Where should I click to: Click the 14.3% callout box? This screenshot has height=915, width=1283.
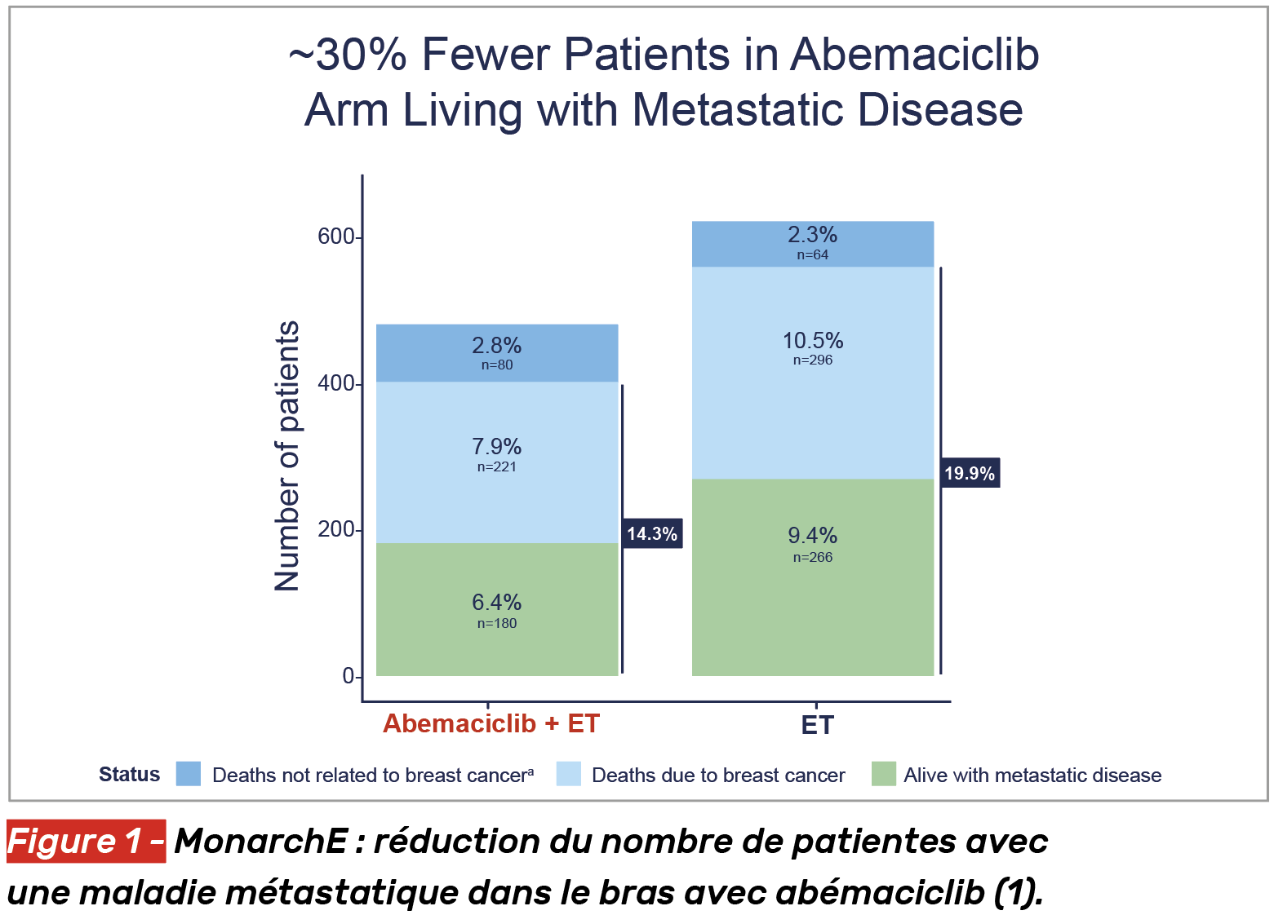(x=651, y=534)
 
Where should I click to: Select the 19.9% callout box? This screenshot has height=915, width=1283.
(x=970, y=473)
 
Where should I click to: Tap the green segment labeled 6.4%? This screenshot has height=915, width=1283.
(x=496, y=609)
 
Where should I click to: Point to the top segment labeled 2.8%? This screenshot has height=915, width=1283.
(x=496, y=353)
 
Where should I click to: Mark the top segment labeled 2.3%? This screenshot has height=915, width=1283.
(x=812, y=244)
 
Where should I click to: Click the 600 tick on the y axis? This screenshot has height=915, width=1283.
(x=336, y=236)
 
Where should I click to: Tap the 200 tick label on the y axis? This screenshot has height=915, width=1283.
(x=336, y=529)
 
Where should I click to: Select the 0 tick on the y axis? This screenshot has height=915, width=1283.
(x=348, y=676)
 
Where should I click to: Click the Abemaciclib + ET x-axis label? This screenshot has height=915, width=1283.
(x=491, y=723)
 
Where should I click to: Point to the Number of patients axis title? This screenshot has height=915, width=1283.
(x=287, y=456)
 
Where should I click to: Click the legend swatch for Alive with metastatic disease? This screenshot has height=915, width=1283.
(x=883, y=774)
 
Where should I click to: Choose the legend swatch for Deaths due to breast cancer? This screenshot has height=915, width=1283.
(x=568, y=774)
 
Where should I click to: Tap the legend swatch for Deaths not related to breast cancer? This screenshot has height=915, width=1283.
(x=189, y=774)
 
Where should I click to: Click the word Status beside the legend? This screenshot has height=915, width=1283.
(x=129, y=775)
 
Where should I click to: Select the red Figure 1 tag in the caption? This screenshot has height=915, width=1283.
(x=86, y=842)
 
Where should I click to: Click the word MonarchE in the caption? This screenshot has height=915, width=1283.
(x=261, y=842)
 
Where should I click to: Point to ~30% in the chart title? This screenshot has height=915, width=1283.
(x=348, y=55)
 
